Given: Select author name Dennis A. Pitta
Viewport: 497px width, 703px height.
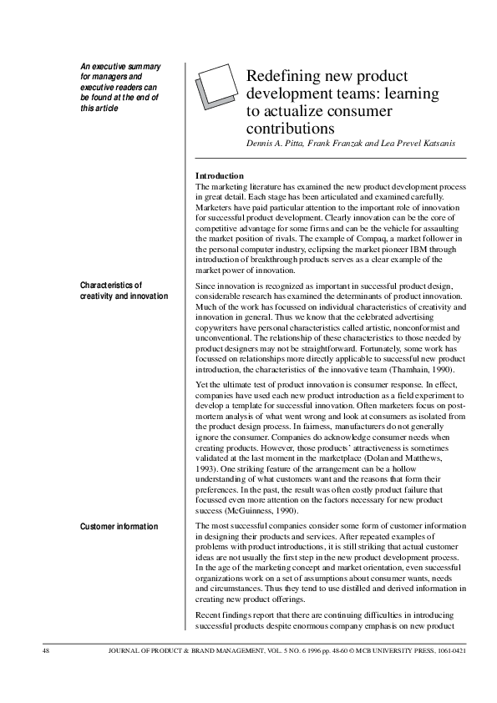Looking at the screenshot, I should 274,143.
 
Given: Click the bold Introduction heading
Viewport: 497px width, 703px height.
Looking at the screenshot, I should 219,175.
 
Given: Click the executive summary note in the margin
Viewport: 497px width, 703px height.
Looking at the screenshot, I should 120,87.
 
